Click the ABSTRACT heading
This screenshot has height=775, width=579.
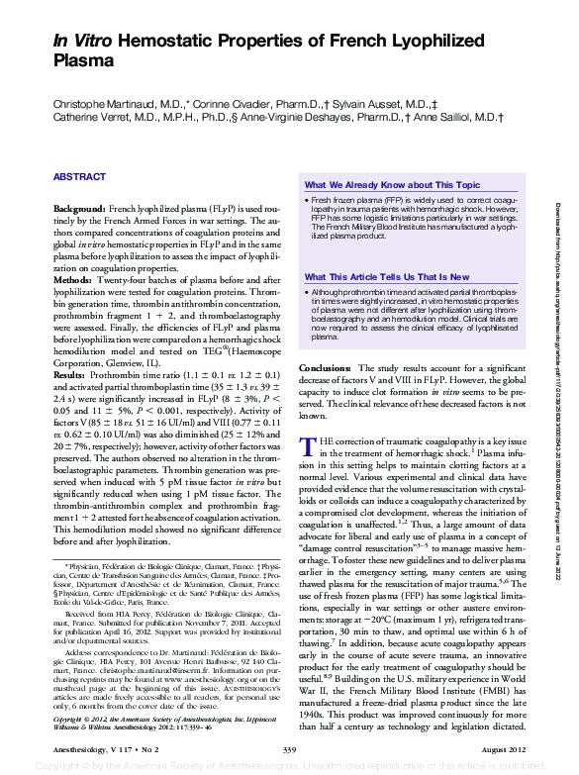point(79,176)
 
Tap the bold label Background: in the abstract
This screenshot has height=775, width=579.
point(78,212)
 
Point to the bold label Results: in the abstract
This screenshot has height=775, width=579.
point(72,377)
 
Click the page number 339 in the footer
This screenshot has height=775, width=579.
point(289,752)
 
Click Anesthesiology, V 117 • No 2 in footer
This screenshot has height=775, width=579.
point(96,752)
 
